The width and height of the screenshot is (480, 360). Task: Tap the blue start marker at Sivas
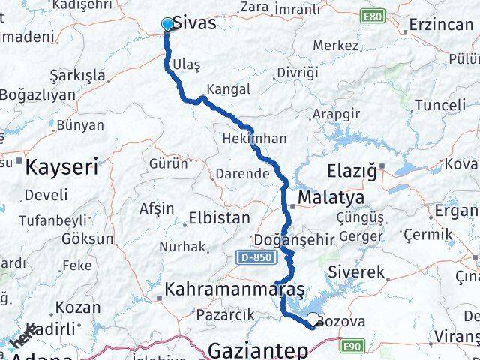[x=167, y=25]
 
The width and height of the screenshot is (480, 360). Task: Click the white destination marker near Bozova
[x=313, y=320]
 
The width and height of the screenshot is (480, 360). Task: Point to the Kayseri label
[x=61, y=166]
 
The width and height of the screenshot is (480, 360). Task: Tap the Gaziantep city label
[x=259, y=349]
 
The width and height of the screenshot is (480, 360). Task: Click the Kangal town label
[x=228, y=88]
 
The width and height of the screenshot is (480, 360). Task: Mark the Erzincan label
[x=441, y=25]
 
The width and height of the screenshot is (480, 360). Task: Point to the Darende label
[x=242, y=173]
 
